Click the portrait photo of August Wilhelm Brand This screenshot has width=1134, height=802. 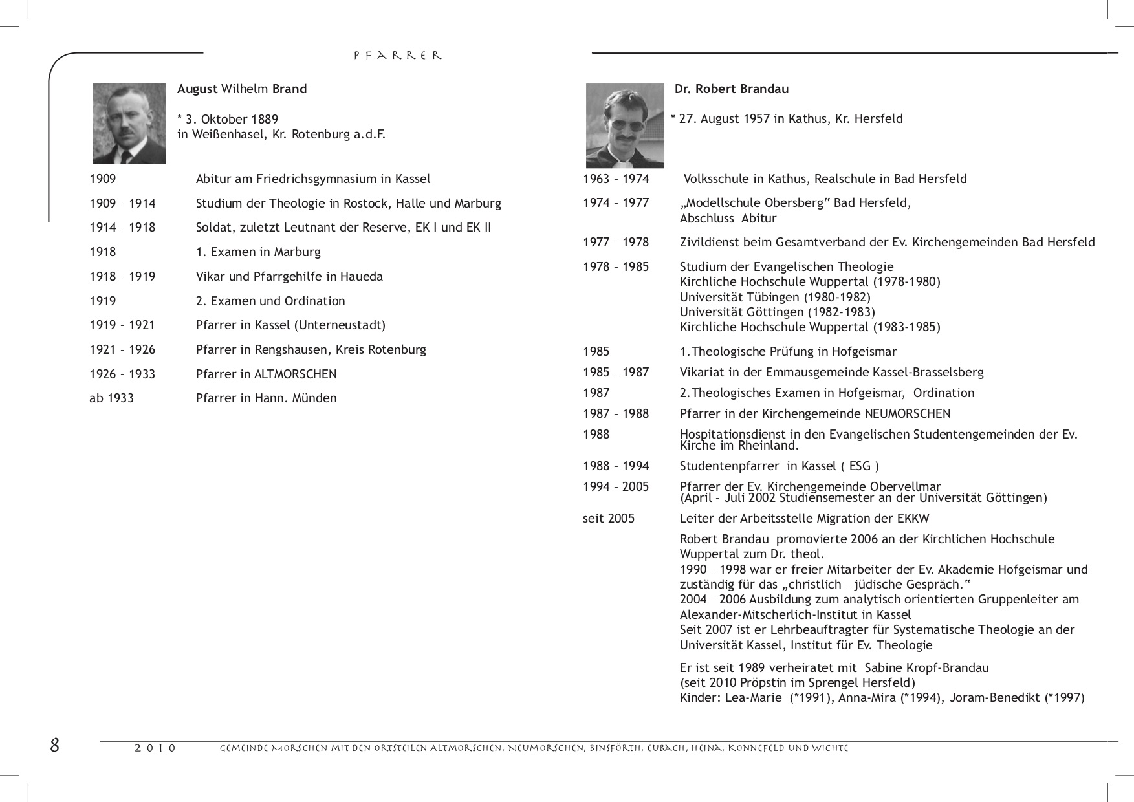coord(129,123)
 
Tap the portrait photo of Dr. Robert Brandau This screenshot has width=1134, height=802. coord(625,125)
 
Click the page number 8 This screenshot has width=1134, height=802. coord(55,745)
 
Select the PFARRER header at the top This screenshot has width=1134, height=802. coord(398,56)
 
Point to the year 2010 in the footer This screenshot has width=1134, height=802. coord(155,748)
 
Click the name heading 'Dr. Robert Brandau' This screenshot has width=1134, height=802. coord(732,89)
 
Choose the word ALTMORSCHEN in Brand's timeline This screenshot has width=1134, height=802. coord(296,374)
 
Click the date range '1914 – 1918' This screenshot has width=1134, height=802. coord(122,228)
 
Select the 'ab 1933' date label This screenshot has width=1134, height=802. coord(111,398)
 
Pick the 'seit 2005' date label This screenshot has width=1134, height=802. coord(609,519)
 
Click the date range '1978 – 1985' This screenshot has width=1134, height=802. coord(616,267)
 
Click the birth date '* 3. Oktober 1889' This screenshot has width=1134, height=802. coord(228,120)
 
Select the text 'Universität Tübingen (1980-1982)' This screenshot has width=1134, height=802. coord(775,298)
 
